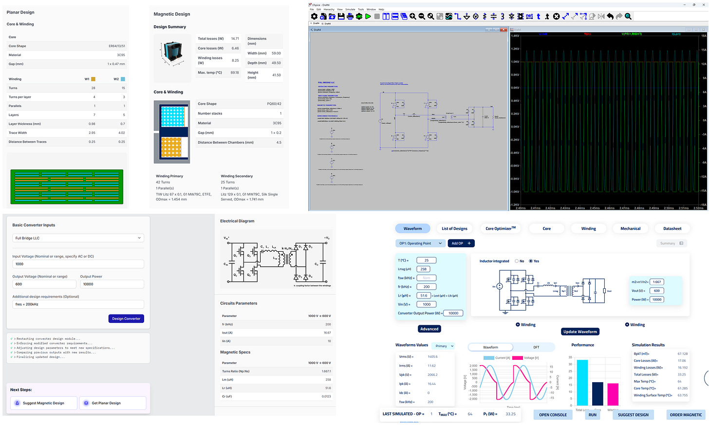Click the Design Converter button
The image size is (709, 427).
point(126,318)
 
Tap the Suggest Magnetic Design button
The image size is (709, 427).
point(43,403)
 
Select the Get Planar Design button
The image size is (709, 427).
point(112,403)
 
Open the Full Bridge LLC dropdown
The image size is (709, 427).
point(78,238)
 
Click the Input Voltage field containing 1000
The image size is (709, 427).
point(78,264)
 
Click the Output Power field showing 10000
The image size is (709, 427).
point(112,284)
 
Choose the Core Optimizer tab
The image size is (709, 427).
point(500,228)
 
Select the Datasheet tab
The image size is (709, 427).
point(672,228)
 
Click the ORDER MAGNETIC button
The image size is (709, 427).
point(686,415)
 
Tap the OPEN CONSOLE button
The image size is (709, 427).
point(553,415)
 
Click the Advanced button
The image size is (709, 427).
point(429,329)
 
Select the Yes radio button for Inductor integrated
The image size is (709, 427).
point(531,261)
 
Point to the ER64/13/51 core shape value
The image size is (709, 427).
point(116,46)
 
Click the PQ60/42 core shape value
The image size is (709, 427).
point(274,104)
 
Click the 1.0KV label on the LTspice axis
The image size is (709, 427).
point(515,62)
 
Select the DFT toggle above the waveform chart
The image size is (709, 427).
point(536,347)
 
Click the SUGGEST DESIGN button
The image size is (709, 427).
point(633,415)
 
